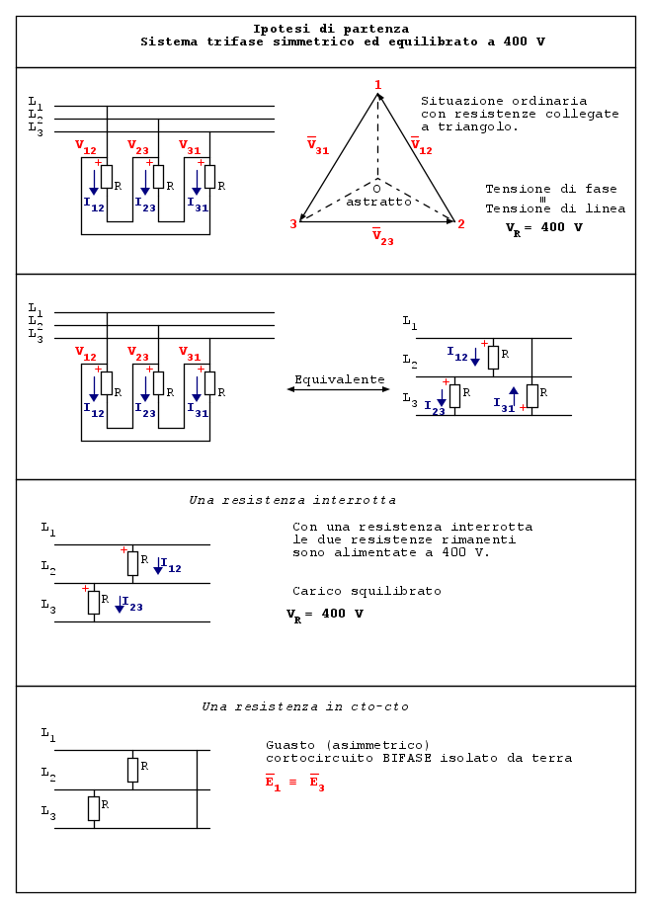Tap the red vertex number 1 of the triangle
click(x=377, y=85)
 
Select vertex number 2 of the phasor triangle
click(x=460, y=224)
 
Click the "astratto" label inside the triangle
click(x=378, y=202)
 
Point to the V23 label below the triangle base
click(x=382, y=237)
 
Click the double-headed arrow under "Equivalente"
click(x=338, y=389)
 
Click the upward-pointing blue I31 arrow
click(x=514, y=393)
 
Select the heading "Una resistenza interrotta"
click(x=292, y=500)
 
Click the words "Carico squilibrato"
click(x=367, y=591)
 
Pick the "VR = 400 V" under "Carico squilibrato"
click(x=325, y=615)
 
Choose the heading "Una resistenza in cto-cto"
click(x=305, y=706)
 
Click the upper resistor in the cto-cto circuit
click(x=132, y=770)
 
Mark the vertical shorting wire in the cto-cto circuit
click(x=198, y=788)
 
